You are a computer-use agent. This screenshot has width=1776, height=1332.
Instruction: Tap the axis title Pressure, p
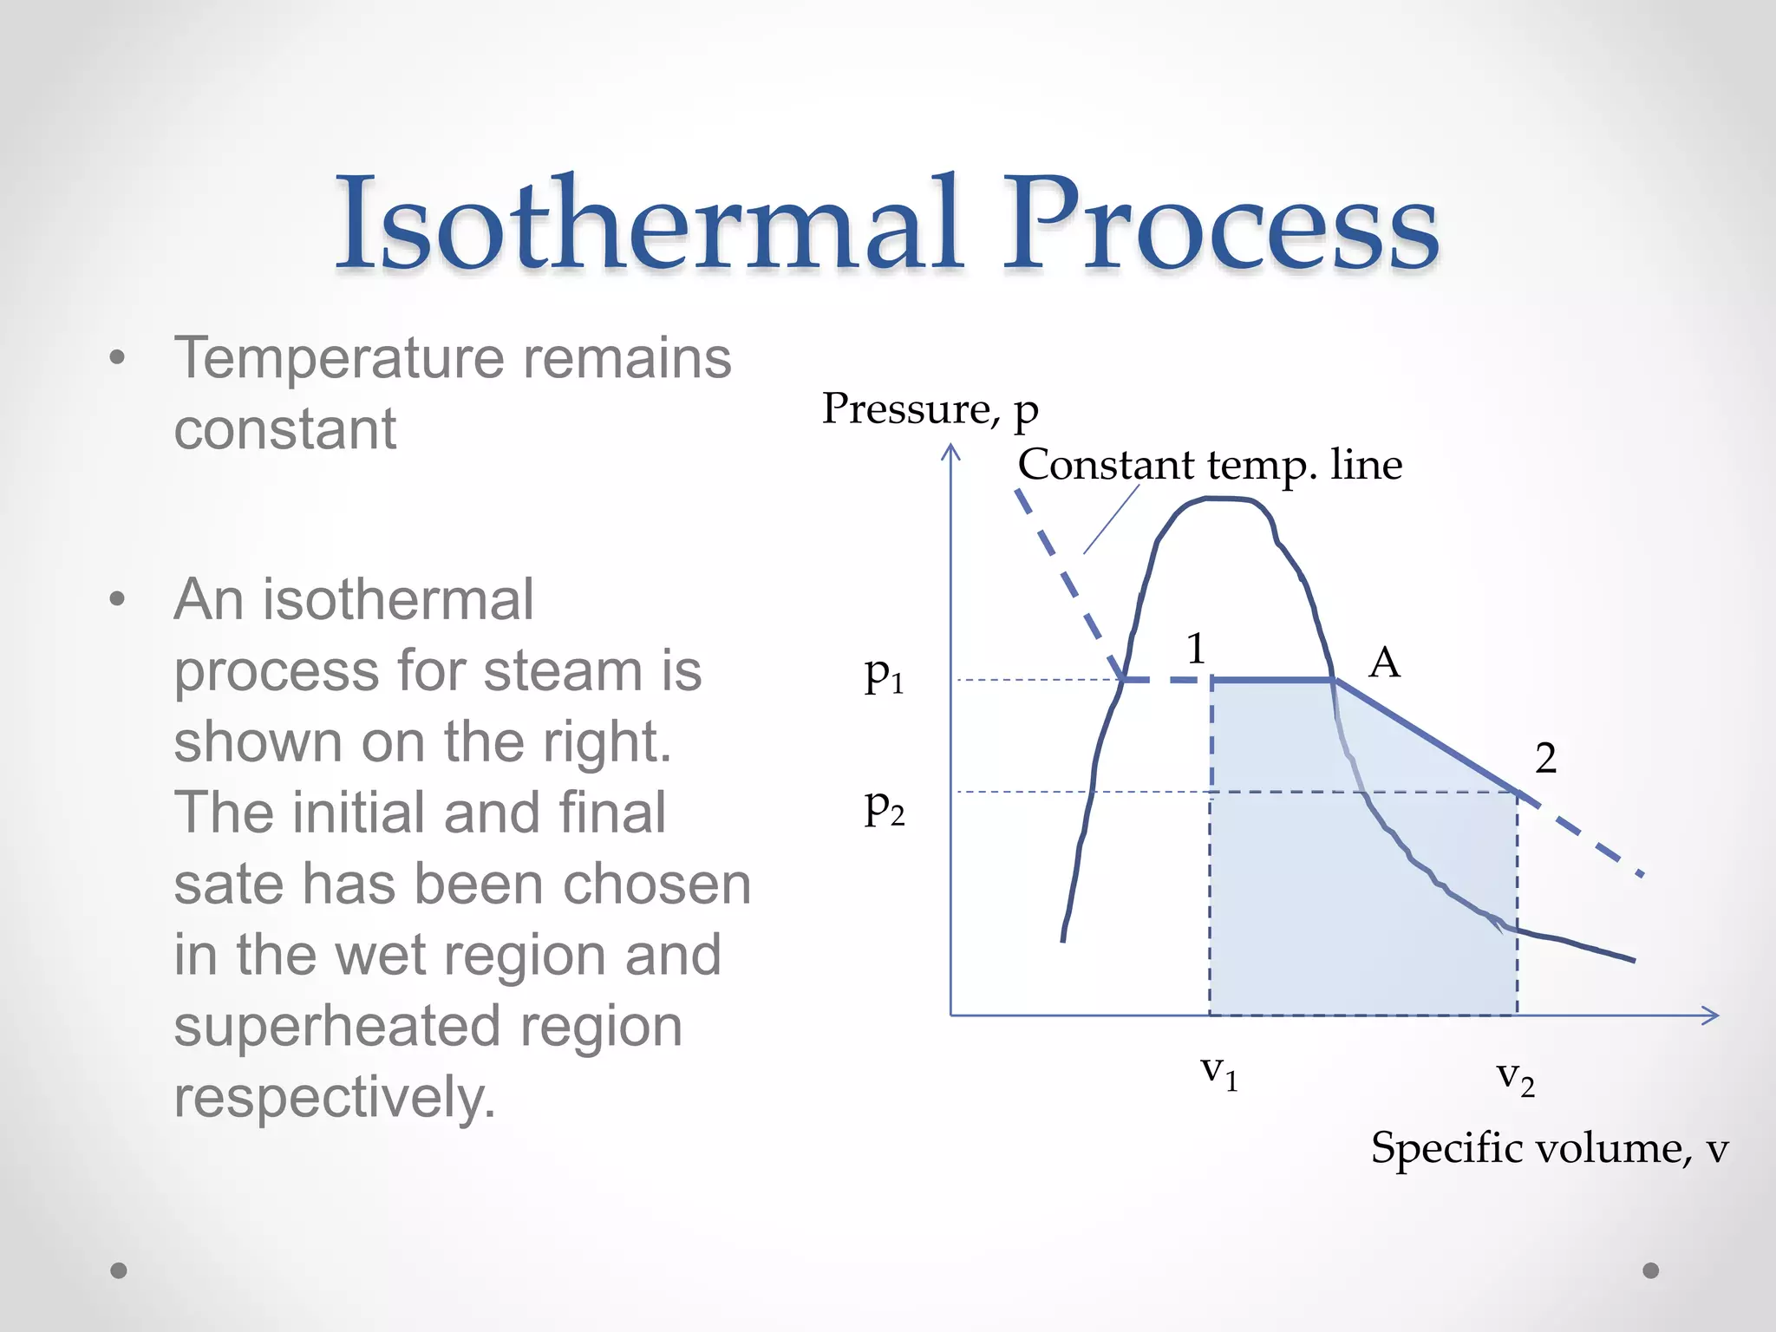930,408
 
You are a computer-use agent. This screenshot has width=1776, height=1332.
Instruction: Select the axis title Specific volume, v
1549,1149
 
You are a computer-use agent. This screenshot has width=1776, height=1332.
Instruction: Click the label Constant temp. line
1210,465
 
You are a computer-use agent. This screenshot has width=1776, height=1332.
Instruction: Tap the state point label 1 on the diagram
1197,649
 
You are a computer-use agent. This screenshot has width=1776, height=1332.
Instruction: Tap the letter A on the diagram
1384,663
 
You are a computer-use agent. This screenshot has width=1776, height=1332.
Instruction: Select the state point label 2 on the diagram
1545,759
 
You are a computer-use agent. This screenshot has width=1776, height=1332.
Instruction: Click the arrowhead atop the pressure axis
951,450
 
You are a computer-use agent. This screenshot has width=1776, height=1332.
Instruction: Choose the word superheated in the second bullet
336,1026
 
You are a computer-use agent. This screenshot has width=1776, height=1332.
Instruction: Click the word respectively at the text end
334,1097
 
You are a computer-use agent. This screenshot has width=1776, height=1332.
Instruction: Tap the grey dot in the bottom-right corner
1651,1270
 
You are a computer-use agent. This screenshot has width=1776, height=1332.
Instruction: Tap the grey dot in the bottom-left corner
119,1270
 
